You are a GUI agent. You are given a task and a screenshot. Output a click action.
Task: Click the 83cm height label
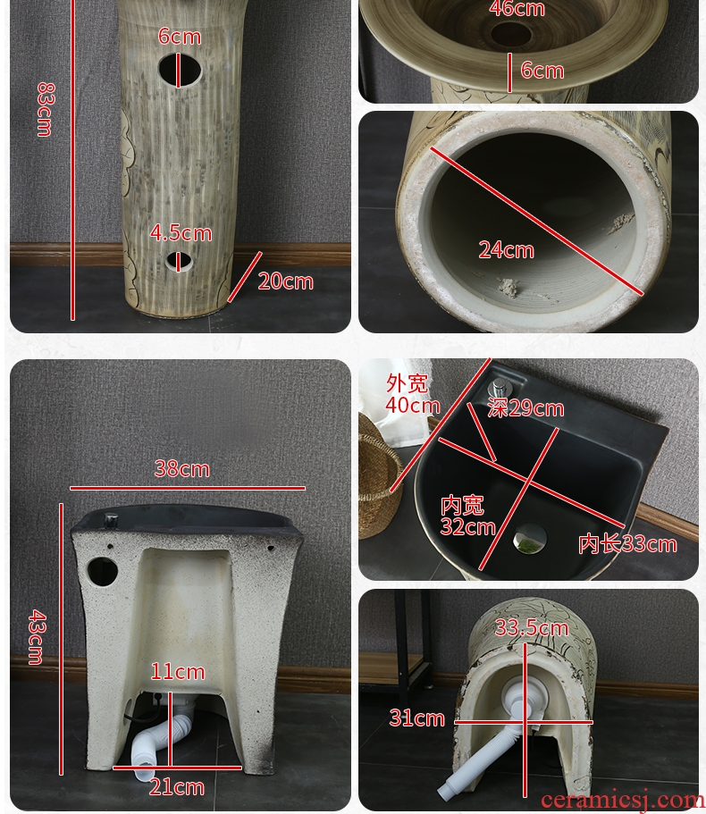[x=45, y=110]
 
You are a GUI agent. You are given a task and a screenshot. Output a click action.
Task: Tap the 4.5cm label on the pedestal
[x=181, y=233]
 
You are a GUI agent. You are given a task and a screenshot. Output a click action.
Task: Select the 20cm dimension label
[x=285, y=281]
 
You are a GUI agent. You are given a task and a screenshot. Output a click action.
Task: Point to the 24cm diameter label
[x=506, y=250]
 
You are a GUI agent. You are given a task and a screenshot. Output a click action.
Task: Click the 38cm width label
[x=182, y=469]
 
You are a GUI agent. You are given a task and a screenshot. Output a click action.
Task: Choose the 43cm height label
[x=37, y=637]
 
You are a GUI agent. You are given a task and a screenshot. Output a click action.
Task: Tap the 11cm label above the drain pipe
[x=178, y=672]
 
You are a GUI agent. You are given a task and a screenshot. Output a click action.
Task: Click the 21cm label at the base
[x=177, y=787]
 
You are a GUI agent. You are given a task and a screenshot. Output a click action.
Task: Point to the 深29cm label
[x=525, y=408]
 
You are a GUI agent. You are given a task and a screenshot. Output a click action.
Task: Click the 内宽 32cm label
[x=467, y=516]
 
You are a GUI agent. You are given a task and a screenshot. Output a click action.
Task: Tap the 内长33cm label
[x=627, y=544]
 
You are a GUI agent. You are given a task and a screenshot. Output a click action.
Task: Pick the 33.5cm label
[x=532, y=628]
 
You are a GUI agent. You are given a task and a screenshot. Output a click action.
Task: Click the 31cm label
[x=416, y=718]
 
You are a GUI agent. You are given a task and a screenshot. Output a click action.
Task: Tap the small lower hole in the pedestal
[x=179, y=262]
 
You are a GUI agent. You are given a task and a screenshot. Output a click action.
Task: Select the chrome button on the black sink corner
[x=500, y=389]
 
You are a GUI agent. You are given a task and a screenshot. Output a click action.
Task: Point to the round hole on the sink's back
[x=102, y=572]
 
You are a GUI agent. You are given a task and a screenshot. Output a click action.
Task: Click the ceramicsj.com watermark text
[x=622, y=801]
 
